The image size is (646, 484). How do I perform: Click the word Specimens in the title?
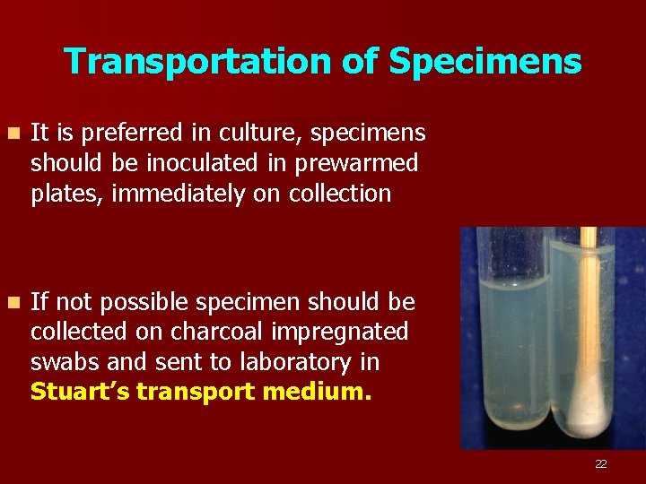484,62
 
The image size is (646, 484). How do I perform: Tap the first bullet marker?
11,134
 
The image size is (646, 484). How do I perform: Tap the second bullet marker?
11,301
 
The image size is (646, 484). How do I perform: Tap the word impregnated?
346,332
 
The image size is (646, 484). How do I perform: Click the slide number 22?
600,463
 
